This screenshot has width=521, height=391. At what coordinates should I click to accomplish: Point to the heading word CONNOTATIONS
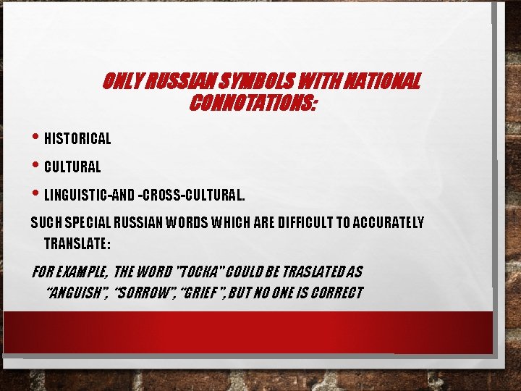252,104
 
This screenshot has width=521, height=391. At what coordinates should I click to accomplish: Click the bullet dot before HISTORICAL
37,137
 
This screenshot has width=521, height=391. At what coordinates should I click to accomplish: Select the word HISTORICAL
77,138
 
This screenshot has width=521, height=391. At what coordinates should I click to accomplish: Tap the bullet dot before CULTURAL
37,166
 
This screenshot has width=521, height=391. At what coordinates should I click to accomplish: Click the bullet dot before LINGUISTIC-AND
37,193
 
